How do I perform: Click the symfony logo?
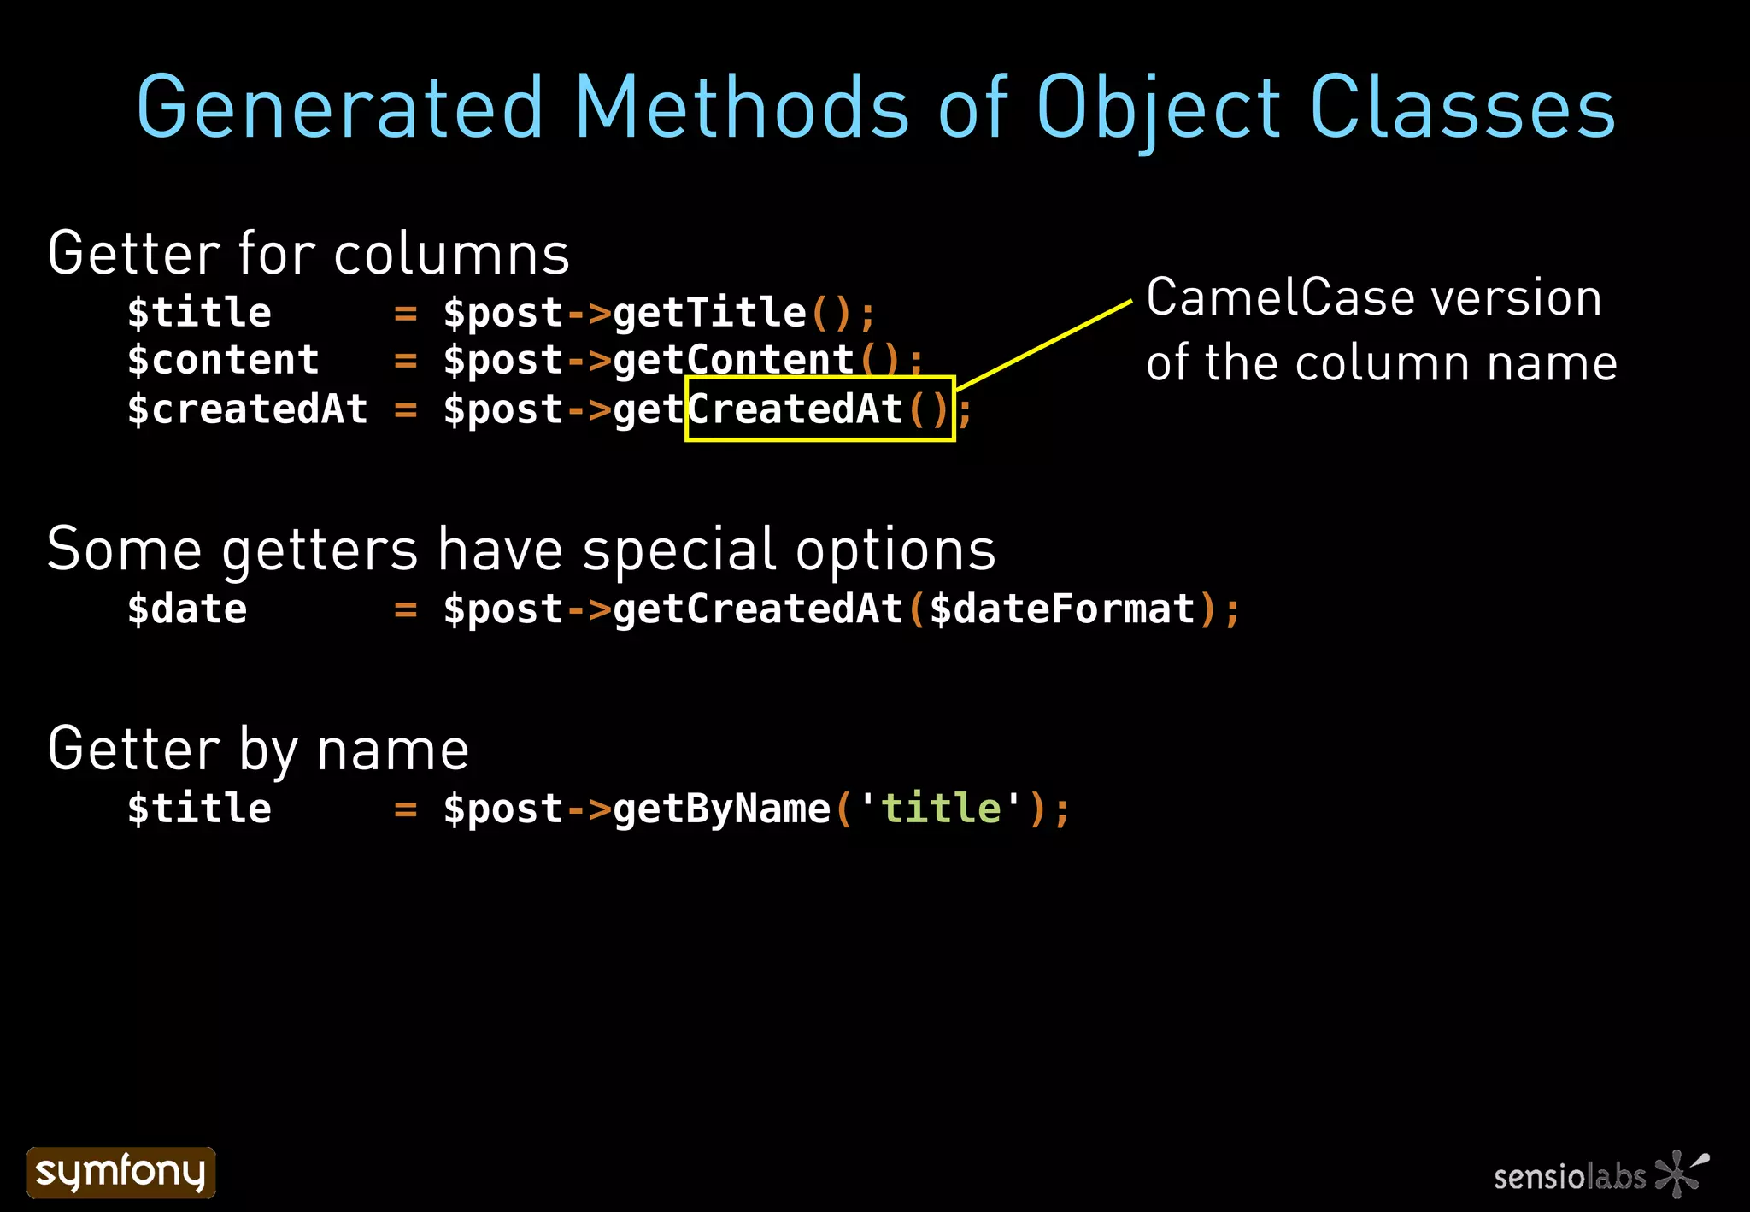tap(120, 1172)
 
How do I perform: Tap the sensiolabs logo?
tap(1600, 1174)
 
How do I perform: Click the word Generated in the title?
tap(340, 108)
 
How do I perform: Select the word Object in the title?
tap(1159, 109)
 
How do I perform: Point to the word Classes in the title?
tap(1462, 108)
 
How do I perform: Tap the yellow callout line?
tap(1044, 345)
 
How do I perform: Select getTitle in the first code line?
tap(709, 312)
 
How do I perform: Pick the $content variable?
tap(223, 360)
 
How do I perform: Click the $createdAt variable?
tap(247, 409)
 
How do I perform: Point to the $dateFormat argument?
tap(1062, 609)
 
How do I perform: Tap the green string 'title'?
tap(940, 808)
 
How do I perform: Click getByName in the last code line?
tap(721, 809)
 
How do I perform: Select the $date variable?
tap(187, 609)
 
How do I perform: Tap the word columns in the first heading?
tap(451, 254)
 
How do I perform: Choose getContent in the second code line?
tap(733, 360)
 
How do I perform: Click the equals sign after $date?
tap(405, 610)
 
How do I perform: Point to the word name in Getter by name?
tap(392, 750)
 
